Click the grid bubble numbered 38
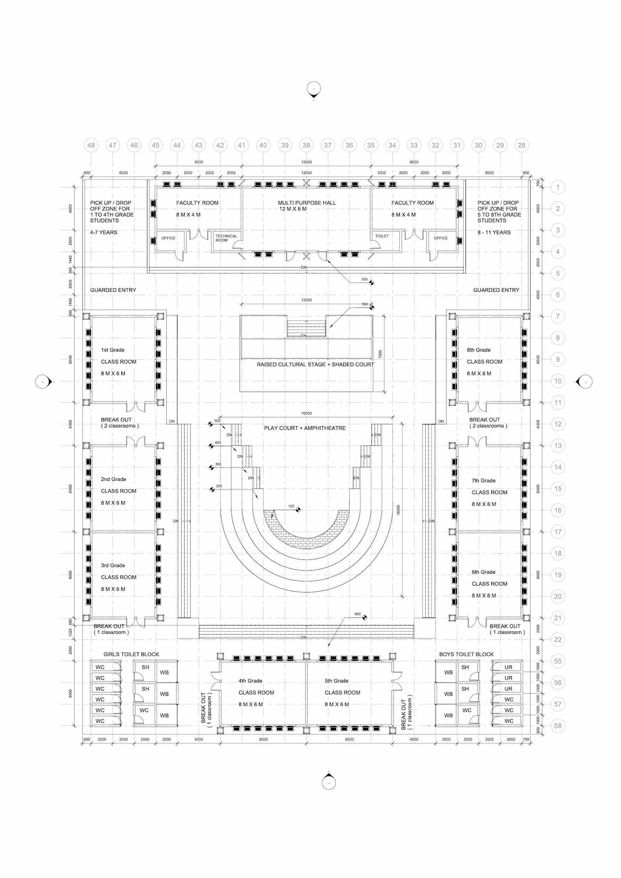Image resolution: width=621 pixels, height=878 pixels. pyautogui.click(x=306, y=145)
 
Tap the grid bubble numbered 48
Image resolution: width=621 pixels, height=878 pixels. pyautogui.click(x=91, y=145)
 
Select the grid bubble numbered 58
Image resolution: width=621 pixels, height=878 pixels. pyautogui.click(x=558, y=726)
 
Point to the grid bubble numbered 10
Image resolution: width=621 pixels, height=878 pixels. pyautogui.click(x=558, y=381)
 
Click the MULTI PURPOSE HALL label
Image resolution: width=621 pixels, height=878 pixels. pyautogui.click(x=306, y=203)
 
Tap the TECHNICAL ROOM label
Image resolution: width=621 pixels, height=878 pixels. pyautogui.click(x=226, y=238)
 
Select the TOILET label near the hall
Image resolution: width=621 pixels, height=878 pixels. pyautogui.click(x=382, y=236)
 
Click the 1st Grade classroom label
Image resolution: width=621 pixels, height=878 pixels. pyautogui.click(x=113, y=350)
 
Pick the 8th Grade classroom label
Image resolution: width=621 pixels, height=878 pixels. pyautogui.click(x=479, y=350)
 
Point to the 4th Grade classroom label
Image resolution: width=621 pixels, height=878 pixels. pyautogui.click(x=250, y=681)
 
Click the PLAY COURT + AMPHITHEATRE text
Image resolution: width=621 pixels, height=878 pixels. pyautogui.click(x=305, y=428)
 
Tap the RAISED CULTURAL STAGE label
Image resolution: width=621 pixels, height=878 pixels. pyautogui.click(x=315, y=364)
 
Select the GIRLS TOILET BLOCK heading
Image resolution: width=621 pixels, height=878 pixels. pyautogui.click(x=131, y=654)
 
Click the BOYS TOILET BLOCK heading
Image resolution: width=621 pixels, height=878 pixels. pyautogui.click(x=466, y=654)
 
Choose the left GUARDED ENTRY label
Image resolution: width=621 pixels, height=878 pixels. pyautogui.click(x=113, y=290)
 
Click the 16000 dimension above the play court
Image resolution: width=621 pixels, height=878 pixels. pyautogui.click(x=306, y=414)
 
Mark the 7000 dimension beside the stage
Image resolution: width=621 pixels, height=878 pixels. pyautogui.click(x=380, y=354)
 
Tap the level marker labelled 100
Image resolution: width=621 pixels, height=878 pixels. pyautogui.click(x=298, y=510)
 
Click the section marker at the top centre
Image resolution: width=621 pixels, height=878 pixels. pyautogui.click(x=314, y=89)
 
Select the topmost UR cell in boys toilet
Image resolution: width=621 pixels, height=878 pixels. pyautogui.click(x=508, y=667)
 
